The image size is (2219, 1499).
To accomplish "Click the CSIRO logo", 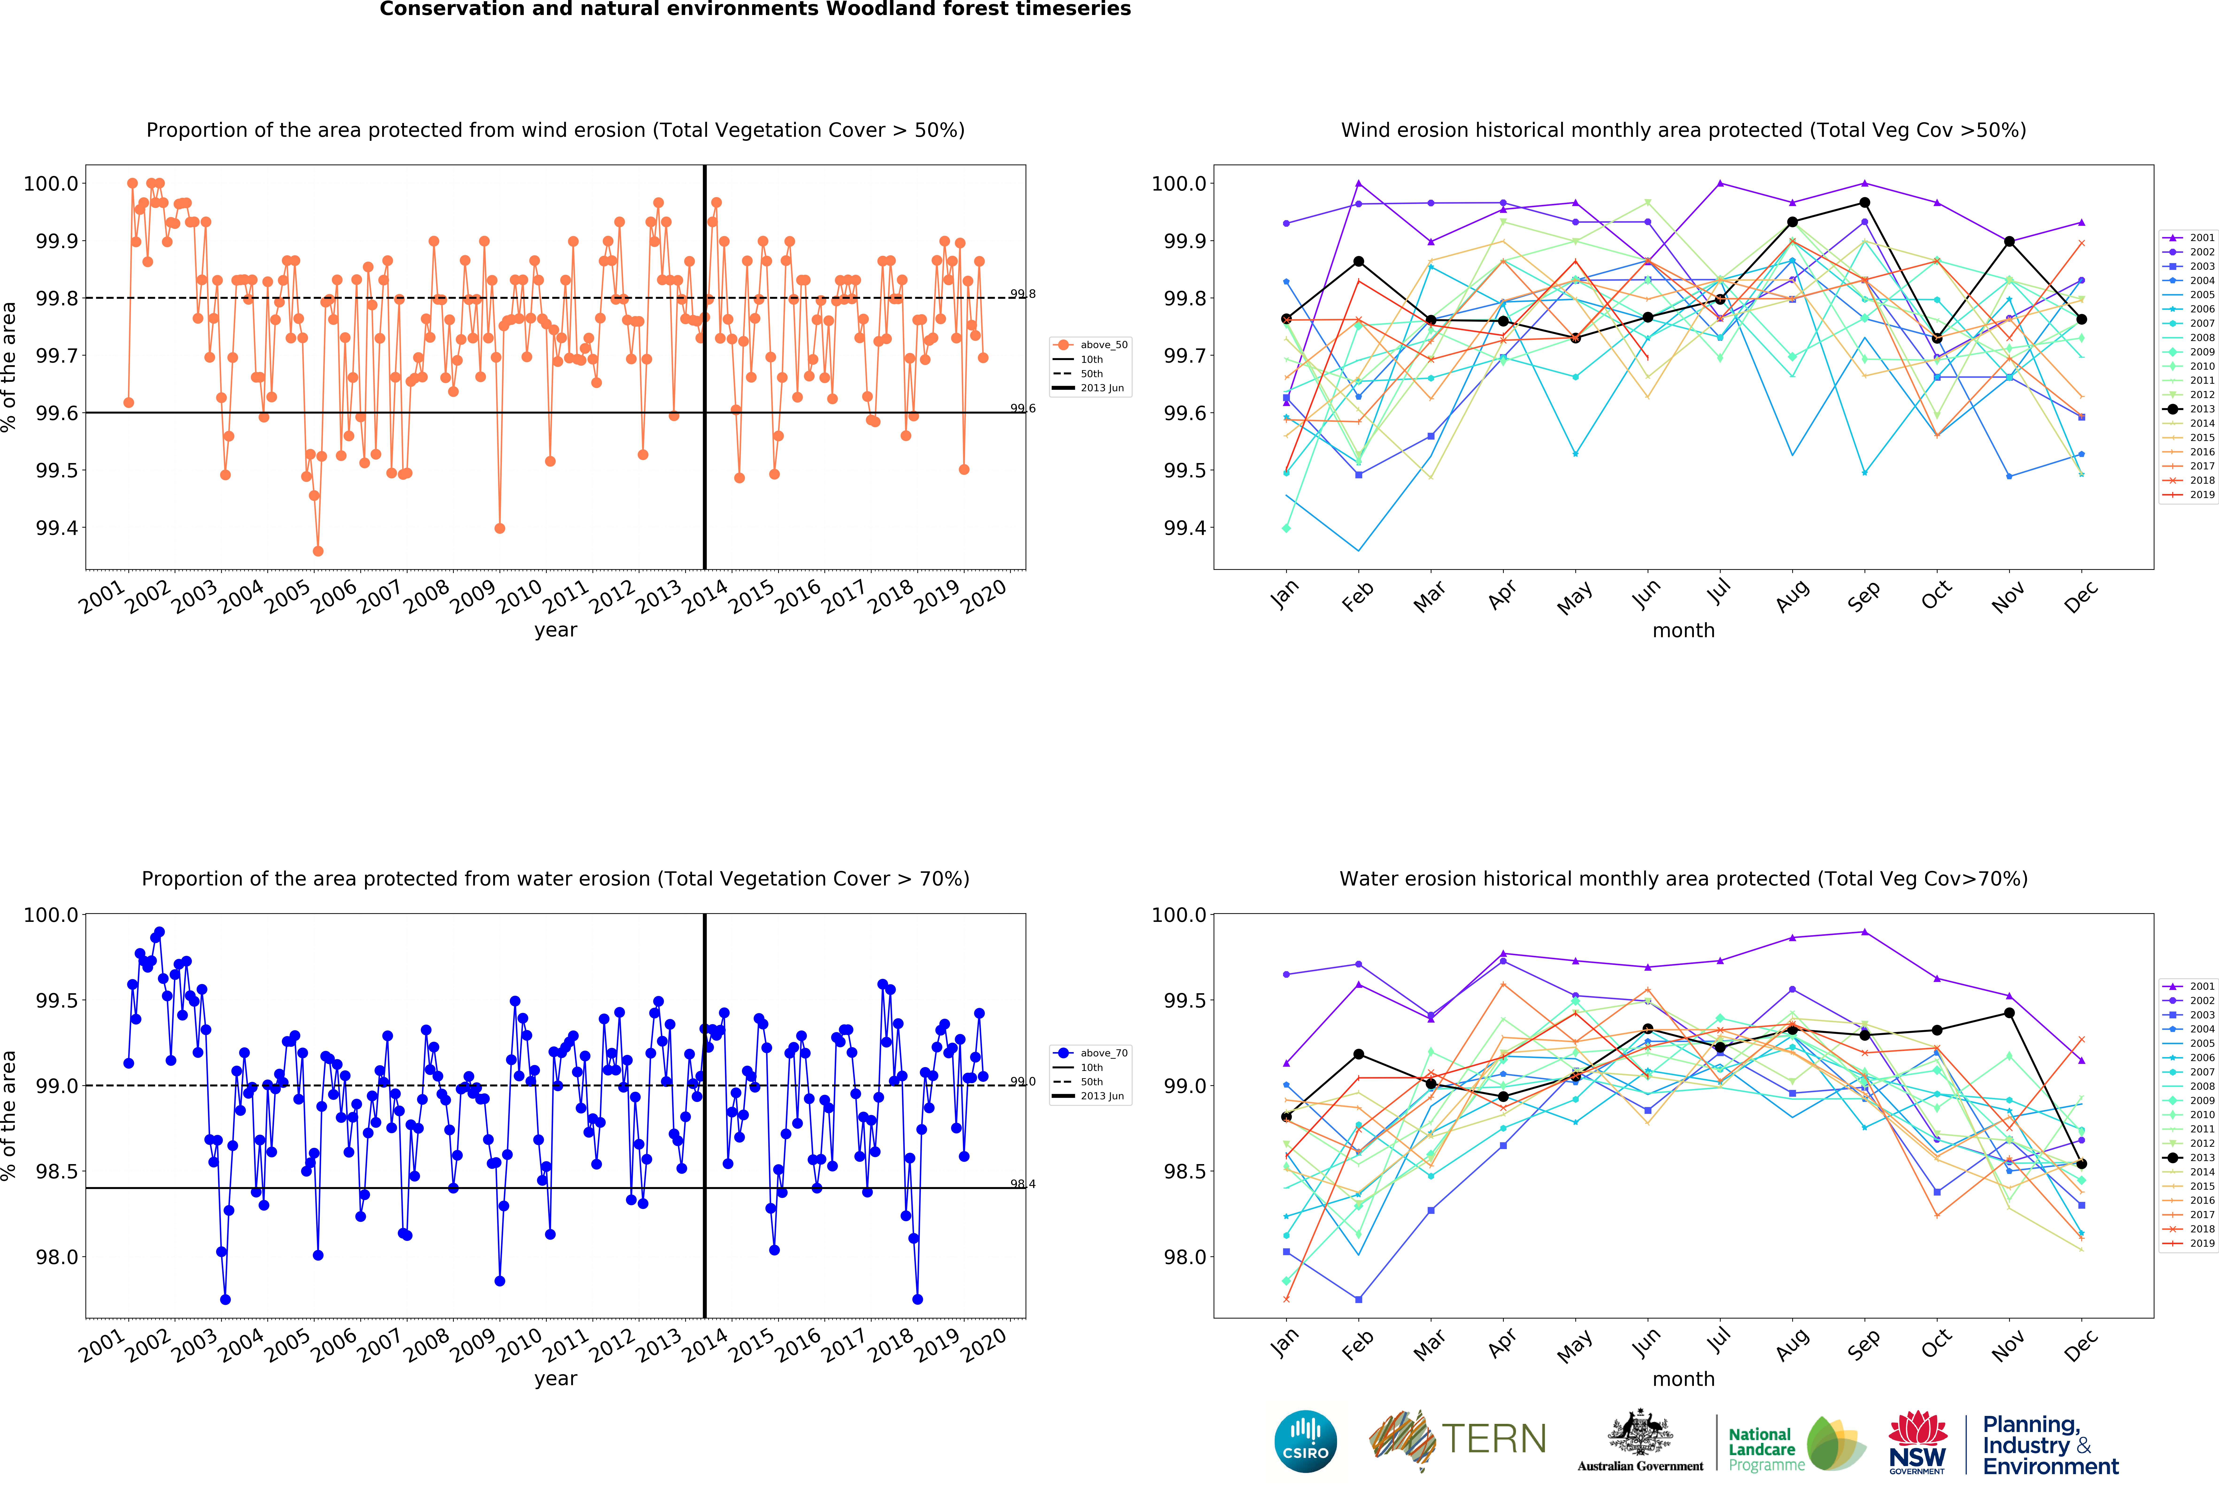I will [x=1305, y=1441].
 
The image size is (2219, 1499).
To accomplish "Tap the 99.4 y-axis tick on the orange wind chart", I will [x=56, y=528].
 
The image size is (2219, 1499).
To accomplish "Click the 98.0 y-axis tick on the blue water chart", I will [x=56, y=1257].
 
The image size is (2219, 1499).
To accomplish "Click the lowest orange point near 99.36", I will [x=318, y=551].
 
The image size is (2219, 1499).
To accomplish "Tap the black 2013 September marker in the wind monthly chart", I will [x=1865, y=202].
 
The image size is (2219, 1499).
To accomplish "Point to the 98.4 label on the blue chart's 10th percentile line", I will [x=1023, y=1184].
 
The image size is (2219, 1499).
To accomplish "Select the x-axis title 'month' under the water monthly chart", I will [x=1683, y=1379].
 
